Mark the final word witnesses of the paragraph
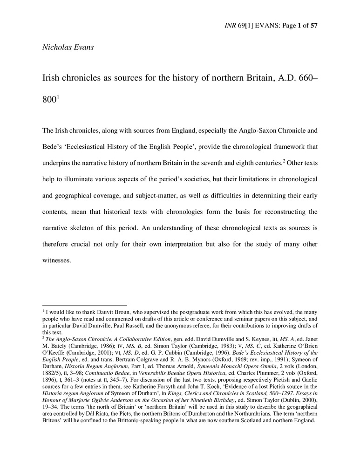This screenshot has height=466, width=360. click(57, 260)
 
